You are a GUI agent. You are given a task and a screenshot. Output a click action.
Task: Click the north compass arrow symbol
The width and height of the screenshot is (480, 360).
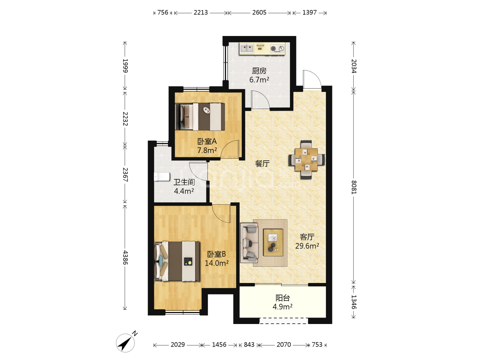(125, 343)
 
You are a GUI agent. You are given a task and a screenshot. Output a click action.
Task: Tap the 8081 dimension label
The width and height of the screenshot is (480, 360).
(354, 187)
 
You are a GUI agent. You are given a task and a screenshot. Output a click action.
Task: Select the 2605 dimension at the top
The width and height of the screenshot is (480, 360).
(259, 12)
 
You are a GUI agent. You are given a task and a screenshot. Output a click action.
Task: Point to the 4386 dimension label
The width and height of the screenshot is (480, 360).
(125, 257)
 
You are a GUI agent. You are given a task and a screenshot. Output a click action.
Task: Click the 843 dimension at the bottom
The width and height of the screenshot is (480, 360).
(249, 345)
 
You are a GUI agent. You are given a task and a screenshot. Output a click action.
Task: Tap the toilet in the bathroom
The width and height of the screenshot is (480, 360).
(162, 177)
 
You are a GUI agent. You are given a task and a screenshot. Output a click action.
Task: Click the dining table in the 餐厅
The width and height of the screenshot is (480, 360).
(306, 160)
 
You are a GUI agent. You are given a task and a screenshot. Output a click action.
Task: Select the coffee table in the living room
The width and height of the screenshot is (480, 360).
(273, 242)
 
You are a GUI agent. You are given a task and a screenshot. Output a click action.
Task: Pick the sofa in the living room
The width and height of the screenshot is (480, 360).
(249, 243)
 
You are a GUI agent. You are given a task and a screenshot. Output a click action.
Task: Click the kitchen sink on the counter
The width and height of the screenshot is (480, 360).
(247, 48)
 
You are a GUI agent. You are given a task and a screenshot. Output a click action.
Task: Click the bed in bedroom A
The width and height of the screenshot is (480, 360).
(200, 117)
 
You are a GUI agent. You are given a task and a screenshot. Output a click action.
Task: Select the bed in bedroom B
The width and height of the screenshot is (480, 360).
(177, 261)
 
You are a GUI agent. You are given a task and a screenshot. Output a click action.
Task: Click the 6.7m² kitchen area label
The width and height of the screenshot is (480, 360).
(259, 80)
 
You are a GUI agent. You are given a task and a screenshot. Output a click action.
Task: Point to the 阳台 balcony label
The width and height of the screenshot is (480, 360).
(283, 298)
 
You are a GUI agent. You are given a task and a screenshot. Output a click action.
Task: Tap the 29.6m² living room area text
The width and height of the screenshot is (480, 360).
(307, 246)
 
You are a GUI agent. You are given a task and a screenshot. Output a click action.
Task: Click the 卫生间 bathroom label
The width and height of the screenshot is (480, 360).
(184, 182)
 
